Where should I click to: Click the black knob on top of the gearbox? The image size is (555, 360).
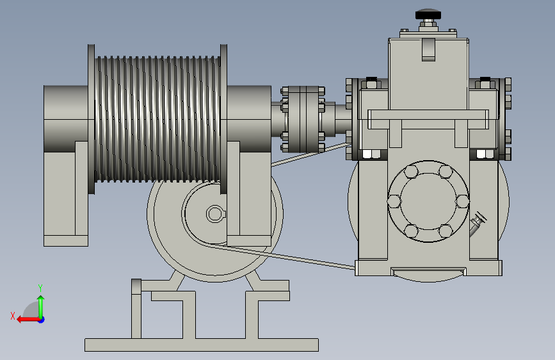point(428,14)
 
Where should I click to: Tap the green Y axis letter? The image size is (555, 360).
point(40,288)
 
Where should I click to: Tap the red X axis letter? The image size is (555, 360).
point(13,316)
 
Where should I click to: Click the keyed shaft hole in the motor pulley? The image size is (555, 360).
point(215,214)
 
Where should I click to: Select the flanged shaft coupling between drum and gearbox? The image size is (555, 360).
point(303,119)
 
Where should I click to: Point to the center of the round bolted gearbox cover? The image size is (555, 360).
point(428,201)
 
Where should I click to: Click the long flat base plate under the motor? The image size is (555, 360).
point(202,345)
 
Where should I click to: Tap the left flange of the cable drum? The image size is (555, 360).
point(92,119)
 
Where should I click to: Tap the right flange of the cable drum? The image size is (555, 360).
point(223,119)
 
